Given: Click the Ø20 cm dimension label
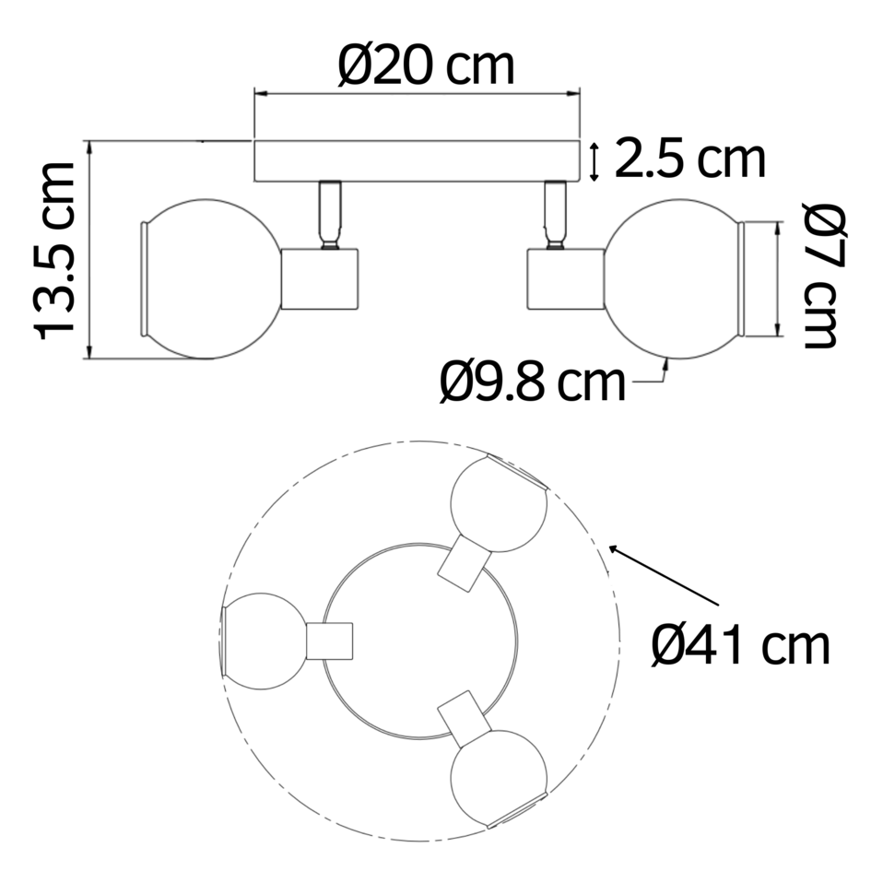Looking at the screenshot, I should [x=426, y=65].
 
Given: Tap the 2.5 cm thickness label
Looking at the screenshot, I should [x=689, y=159].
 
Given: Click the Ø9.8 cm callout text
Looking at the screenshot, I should [x=532, y=382].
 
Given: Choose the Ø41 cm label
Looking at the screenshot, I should [x=740, y=644].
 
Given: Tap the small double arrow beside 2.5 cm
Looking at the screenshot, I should [x=594, y=162].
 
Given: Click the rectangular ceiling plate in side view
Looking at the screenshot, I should [x=417, y=161].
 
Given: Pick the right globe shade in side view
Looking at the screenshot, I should [x=673, y=277].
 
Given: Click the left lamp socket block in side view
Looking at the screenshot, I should [x=320, y=278].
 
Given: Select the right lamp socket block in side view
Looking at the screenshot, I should [x=563, y=278].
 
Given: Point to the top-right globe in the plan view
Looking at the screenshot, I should [x=499, y=506].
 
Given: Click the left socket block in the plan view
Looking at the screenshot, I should [x=330, y=641].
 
